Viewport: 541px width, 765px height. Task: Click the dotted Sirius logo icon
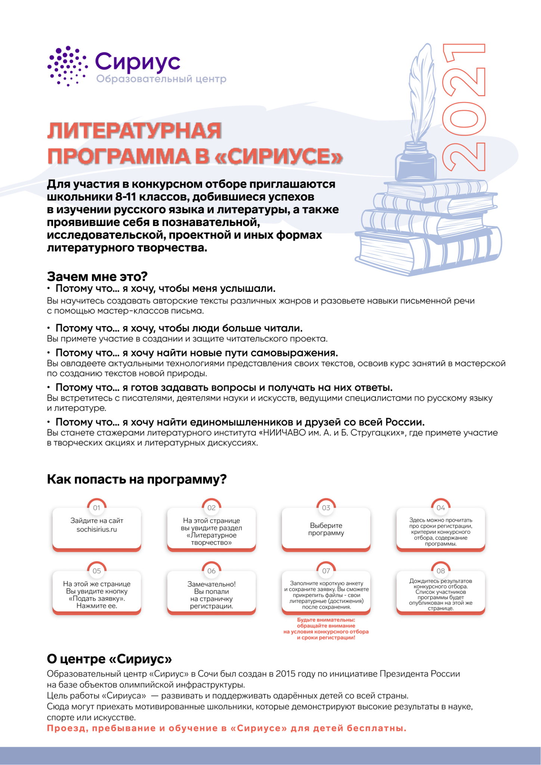(x=67, y=66)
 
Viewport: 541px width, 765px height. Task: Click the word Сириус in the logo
(x=137, y=62)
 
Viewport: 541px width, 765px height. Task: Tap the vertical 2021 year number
(x=464, y=108)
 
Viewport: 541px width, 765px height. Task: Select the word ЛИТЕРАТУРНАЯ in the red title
(x=135, y=131)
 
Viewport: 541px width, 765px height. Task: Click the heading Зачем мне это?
(x=97, y=276)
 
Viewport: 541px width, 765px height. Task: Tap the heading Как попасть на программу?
(x=137, y=479)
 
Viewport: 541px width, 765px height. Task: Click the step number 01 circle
(x=97, y=508)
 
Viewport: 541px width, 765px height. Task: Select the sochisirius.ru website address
(x=97, y=529)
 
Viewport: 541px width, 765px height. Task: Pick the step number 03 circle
(x=326, y=508)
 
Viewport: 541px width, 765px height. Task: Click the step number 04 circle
(x=441, y=508)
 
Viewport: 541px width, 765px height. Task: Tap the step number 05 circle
(x=97, y=571)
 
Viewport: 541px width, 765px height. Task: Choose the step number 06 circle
(x=211, y=571)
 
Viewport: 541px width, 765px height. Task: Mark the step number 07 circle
(x=326, y=571)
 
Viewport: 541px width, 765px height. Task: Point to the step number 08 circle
(x=441, y=571)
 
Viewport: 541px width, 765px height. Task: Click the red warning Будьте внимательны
(x=326, y=620)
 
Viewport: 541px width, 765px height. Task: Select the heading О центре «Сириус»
(x=109, y=659)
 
